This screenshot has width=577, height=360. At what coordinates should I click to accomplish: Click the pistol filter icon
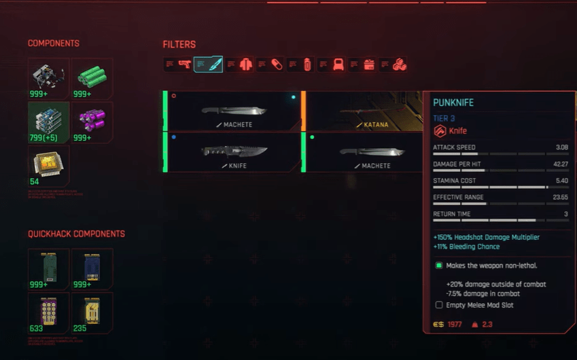184,65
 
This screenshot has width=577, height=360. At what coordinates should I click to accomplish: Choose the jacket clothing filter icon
246,65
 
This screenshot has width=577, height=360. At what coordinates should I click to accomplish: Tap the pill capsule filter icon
276,65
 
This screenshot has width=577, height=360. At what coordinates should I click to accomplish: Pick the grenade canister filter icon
307,65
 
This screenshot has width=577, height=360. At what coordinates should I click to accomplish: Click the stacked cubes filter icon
400,65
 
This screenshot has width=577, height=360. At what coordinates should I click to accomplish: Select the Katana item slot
362,111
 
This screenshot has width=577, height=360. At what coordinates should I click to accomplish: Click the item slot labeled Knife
233,151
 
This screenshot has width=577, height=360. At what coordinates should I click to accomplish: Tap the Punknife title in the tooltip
453,103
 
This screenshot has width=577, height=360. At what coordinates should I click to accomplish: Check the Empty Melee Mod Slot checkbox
439,306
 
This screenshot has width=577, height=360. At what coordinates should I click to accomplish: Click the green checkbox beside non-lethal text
439,266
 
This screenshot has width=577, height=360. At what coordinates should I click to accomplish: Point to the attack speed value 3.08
561,147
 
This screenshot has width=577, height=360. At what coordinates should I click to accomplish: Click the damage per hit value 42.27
560,164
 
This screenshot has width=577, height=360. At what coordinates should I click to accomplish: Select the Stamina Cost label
453,181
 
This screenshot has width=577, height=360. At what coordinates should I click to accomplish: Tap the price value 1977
455,325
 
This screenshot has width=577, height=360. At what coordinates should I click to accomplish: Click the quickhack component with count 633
48,310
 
